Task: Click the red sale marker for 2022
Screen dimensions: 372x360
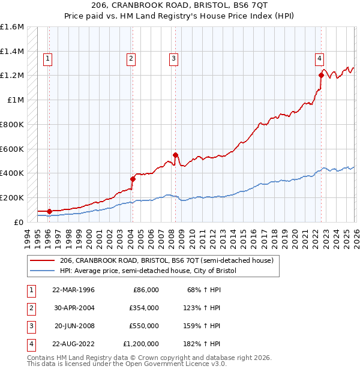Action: [321, 76]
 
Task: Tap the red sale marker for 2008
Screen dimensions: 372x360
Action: [176, 155]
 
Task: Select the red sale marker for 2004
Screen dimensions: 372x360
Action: [133, 178]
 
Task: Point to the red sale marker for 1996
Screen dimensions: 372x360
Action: [49, 211]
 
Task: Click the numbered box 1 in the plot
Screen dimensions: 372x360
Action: [47, 58]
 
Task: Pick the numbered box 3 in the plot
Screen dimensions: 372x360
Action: [173, 58]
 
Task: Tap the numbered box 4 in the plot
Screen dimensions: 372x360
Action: [320, 58]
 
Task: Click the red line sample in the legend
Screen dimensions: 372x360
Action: [43, 260]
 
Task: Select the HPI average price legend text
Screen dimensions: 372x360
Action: [148, 271]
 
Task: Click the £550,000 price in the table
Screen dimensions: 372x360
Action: [144, 326]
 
